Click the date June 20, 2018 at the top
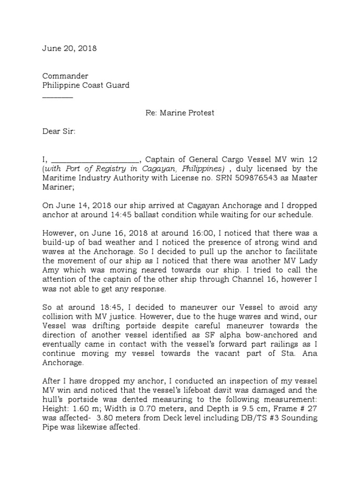coord(69,49)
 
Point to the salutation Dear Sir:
coord(59,132)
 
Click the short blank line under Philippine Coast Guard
coord(58,97)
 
